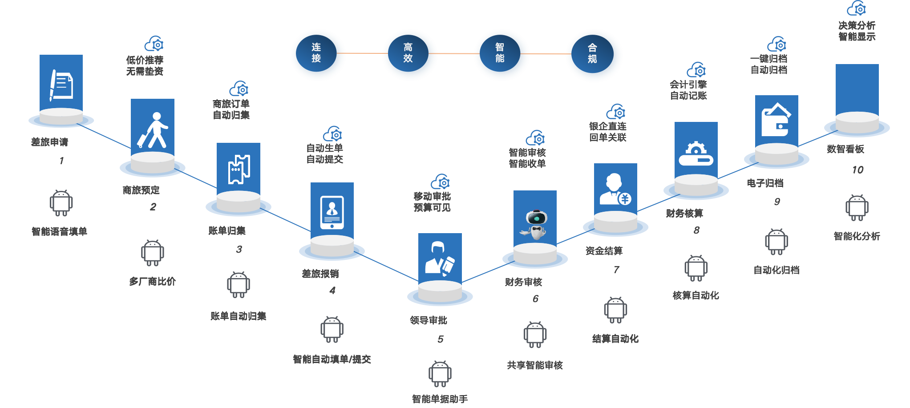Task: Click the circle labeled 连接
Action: (x=317, y=53)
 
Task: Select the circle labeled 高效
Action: (x=408, y=53)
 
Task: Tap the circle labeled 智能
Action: (x=501, y=53)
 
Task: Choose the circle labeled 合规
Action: (x=593, y=54)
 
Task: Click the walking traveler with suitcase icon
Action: (x=152, y=130)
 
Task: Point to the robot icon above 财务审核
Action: (x=535, y=224)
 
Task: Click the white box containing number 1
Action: (x=61, y=161)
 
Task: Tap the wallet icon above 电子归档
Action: (x=776, y=120)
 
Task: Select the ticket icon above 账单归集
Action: (x=239, y=169)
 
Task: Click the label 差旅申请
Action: (x=49, y=142)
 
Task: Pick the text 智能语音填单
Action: (x=59, y=231)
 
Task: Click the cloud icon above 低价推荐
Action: (x=154, y=44)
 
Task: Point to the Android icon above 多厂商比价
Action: (x=153, y=253)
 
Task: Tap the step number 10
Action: (x=857, y=170)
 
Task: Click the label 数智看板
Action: (x=845, y=149)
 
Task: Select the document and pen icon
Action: (x=61, y=85)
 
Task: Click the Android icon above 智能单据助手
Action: (x=440, y=374)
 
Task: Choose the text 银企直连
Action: (x=607, y=126)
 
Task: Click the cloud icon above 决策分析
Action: (x=857, y=8)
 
